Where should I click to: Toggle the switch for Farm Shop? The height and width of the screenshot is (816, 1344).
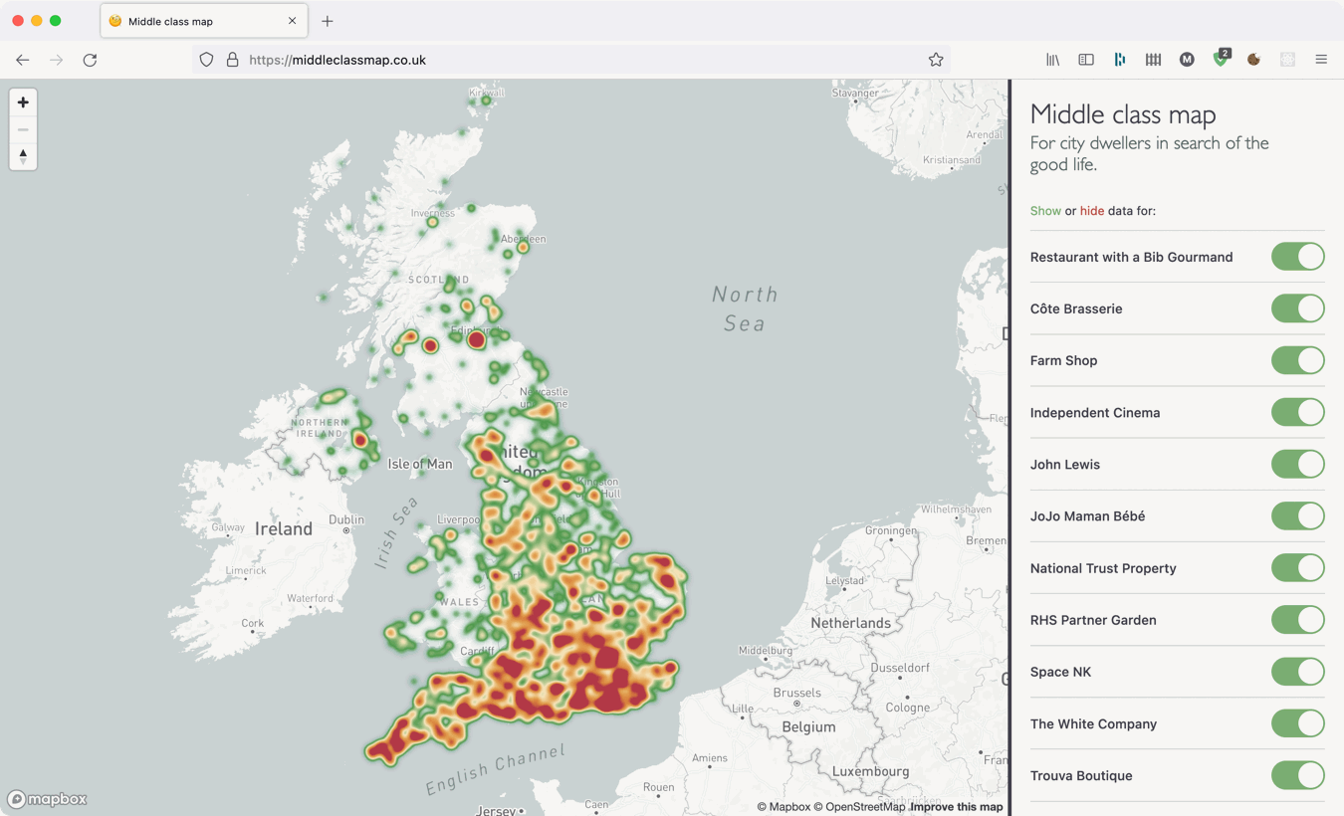(1297, 360)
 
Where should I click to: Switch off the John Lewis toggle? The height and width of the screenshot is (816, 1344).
(1297, 464)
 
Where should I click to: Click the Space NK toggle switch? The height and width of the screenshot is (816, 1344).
(1297, 672)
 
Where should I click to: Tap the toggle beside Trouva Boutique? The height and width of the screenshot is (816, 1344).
(1297, 775)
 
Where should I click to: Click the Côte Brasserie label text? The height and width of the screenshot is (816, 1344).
(1075, 308)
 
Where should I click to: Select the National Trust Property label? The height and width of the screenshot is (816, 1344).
(1102, 568)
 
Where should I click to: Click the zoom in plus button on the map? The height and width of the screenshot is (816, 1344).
(23, 102)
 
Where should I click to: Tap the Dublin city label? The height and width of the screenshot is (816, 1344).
(346, 519)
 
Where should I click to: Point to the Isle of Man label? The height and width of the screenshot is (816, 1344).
(419, 464)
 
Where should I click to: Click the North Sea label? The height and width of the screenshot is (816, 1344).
(745, 308)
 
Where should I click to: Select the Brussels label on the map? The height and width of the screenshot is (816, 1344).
(796, 693)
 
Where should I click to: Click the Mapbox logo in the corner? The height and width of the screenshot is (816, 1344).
(47, 799)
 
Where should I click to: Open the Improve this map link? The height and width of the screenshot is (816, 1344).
(956, 807)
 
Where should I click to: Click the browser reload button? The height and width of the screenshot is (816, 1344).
(90, 60)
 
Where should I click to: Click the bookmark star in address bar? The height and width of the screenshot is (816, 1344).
(936, 60)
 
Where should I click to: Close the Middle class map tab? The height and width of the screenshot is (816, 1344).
(292, 21)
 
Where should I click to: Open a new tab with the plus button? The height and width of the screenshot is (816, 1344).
(328, 21)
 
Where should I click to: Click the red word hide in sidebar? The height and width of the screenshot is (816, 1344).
(1091, 211)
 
